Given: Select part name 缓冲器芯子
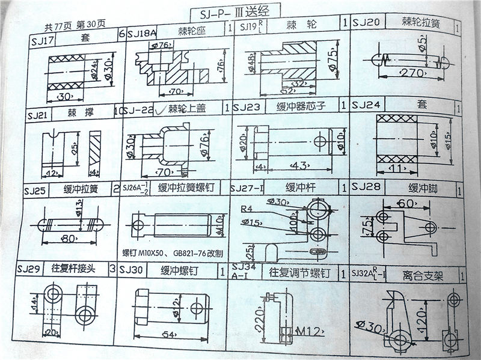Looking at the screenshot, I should tap(301, 107).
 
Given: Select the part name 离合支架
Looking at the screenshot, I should tap(423, 276).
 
